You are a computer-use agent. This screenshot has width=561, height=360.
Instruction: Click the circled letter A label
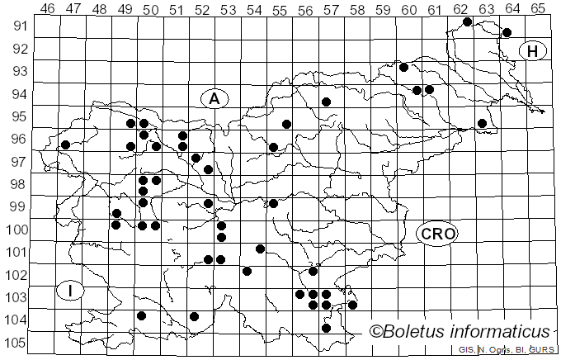(214, 98)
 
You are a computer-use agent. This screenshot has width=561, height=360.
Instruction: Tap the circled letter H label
(533, 51)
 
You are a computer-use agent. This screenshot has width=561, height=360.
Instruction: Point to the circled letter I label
(72, 291)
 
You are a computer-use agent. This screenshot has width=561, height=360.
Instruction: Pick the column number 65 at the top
(537, 8)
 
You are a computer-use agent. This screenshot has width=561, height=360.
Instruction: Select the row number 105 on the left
(16, 343)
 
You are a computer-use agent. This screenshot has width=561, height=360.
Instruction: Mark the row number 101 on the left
(16, 252)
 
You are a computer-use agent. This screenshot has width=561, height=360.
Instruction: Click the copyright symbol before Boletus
(375, 332)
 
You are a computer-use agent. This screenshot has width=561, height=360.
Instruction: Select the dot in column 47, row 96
(65, 145)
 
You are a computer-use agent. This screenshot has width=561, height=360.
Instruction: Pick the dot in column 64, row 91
(507, 33)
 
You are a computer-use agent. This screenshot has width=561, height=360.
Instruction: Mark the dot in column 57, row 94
(326, 102)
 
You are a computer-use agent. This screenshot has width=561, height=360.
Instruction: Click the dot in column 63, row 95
(482, 123)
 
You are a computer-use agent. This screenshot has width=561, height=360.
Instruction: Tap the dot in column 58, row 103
(352, 305)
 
